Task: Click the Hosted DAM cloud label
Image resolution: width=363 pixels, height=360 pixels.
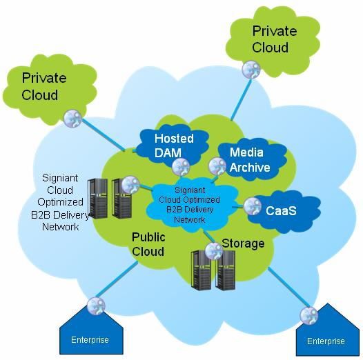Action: point(174,146)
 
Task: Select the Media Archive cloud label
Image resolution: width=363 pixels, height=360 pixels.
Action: point(250,160)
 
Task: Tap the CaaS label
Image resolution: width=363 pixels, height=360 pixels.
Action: point(281,211)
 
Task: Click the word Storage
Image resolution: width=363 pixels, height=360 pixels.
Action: point(243,243)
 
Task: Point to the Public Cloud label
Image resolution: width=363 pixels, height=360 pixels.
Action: point(148,244)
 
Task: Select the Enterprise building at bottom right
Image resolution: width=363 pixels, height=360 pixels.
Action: point(327,330)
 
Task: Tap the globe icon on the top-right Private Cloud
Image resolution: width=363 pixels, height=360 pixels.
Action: point(251,69)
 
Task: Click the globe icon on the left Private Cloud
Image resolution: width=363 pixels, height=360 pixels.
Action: point(72,119)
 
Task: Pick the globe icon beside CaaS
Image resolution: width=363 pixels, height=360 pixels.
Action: point(253,206)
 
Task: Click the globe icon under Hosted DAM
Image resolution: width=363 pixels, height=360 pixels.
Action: point(181,167)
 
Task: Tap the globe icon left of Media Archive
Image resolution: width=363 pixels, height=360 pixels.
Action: point(217,166)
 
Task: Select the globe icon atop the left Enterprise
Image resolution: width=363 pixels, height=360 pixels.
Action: point(97,306)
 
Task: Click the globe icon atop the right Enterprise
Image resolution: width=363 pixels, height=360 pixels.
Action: point(309,316)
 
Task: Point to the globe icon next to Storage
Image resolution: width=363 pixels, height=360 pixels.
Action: point(214,251)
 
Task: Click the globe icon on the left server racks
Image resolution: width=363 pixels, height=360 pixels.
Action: point(130,185)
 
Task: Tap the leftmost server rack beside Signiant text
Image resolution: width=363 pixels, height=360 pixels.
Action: point(97,199)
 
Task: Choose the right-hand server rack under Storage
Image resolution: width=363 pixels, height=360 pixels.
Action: point(225,270)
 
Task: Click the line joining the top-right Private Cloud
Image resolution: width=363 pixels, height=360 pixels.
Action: point(241,99)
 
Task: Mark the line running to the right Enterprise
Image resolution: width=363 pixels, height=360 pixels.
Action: point(286,288)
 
